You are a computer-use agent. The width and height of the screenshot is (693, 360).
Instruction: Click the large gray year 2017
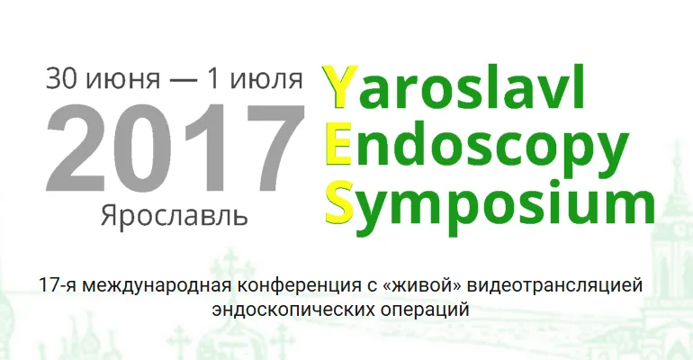click(175, 148)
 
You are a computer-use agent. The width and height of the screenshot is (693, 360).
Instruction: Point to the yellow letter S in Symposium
click(339, 201)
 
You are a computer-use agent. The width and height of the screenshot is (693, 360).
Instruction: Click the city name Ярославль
click(174, 215)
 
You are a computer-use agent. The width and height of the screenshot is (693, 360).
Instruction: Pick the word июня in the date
click(123, 79)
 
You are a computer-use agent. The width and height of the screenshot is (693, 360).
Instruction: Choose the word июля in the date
click(266, 79)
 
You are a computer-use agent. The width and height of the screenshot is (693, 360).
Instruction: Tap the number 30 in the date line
click(62, 77)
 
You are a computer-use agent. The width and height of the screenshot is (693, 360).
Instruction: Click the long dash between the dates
click(182, 80)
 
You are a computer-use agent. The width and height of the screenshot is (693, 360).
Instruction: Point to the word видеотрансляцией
click(554, 286)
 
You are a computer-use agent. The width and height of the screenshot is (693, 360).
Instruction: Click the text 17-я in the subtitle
click(58, 285)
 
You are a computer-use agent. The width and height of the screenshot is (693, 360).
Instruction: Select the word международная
click(157, 286)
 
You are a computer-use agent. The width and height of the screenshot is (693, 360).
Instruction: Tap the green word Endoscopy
click(477, 144)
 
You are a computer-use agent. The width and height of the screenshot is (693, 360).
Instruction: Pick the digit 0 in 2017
click(143, 148)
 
